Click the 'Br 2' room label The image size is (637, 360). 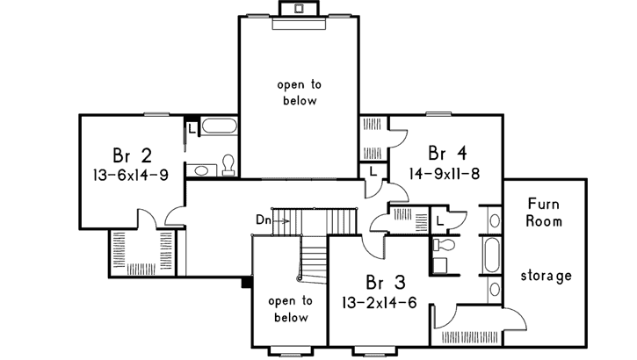point(132,155)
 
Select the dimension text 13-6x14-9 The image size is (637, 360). point(136,175)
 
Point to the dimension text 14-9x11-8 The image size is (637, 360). point(444,172)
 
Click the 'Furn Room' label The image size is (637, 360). point(544,211)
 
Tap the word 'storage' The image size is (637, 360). point(545,276)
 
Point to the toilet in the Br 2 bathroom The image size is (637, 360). point(228,164)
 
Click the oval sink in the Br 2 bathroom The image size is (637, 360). point(202,169)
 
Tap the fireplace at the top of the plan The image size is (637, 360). point(299,9)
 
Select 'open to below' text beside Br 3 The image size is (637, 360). point(288,308)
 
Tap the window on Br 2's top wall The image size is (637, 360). point(156,114)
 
